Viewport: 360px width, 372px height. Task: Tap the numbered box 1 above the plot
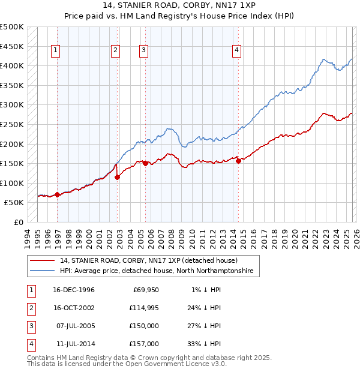(x=55, y=51)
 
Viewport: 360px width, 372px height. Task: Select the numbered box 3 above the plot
(x=144, y=51)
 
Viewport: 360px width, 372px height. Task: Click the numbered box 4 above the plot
(x=237, y=51)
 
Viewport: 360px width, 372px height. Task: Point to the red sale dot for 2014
(x=239, y=160)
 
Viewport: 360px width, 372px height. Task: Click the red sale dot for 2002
(x=117, y=177)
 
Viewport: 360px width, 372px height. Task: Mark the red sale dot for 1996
(x=58, y=194)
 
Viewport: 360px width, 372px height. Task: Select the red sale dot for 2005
(x=145, y=163)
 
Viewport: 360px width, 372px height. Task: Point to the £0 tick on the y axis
(x=17, y=222)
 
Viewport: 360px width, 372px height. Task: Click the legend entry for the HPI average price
(x=157, y=271)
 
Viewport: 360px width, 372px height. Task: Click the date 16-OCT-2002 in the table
(x=74, y=308)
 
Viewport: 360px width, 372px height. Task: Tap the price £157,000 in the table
(x=144, y=344)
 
